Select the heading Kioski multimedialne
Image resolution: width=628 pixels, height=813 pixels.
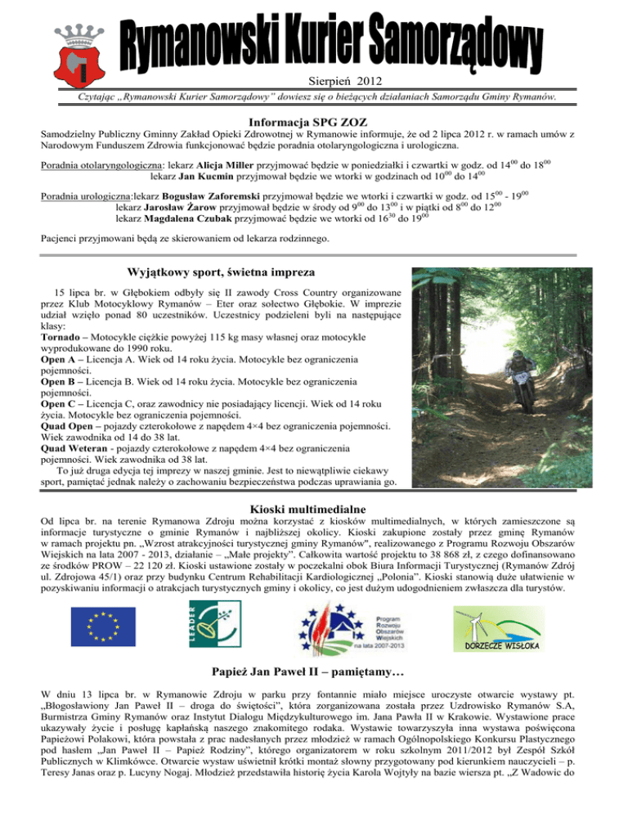point(314,510)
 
